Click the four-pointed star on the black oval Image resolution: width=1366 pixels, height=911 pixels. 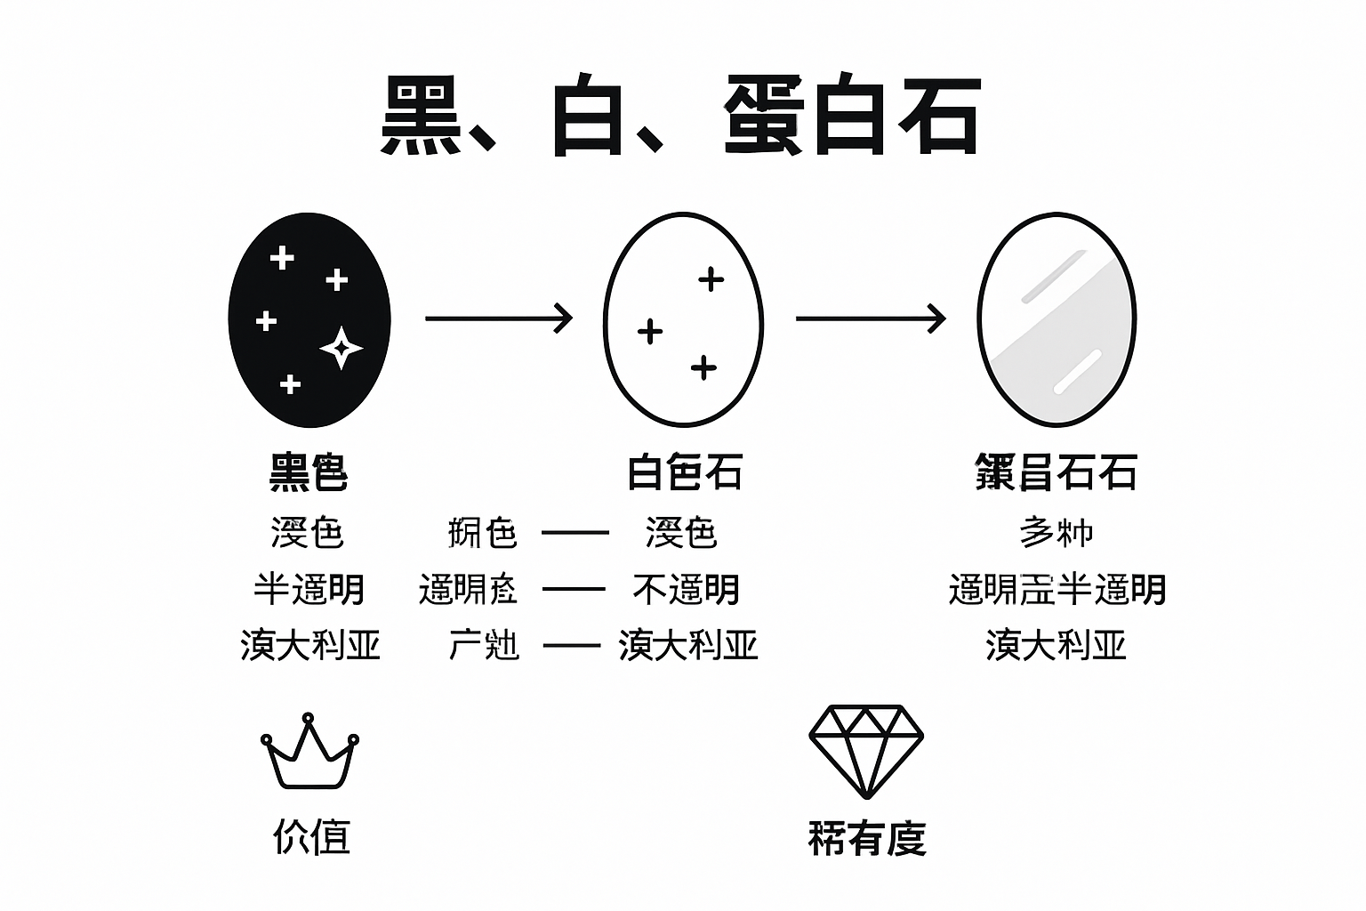341,348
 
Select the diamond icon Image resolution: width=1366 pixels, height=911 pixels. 865,751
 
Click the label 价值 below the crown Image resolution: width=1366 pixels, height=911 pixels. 311,836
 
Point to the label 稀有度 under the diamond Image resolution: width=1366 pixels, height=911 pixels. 867,838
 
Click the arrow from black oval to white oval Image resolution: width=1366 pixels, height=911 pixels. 498,318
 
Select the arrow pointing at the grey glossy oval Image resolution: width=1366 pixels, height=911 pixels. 870,318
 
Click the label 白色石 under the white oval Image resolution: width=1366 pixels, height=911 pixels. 684,472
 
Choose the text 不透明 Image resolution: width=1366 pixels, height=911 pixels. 686,589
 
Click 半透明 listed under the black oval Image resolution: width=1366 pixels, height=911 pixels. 309,589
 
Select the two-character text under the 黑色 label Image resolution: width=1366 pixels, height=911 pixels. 308,533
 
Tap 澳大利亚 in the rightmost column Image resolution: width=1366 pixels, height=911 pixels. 1056,645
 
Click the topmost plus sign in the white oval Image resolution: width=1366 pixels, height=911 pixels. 711,279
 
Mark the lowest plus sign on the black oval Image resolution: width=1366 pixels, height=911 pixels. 290,384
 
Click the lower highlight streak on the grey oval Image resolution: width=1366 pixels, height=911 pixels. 1077,371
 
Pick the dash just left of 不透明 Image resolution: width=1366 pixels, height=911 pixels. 574,589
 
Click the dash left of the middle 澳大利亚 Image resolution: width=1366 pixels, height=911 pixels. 572,645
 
